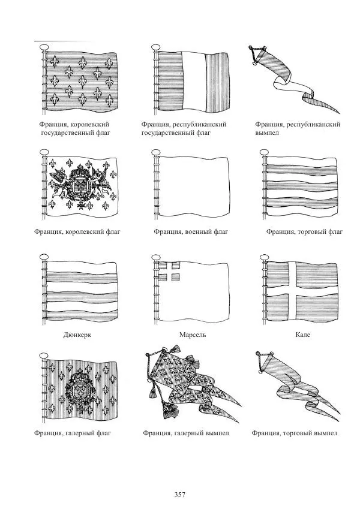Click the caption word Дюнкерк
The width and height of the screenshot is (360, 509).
tap(77, 335)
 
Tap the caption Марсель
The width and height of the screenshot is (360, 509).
tap(192, 335)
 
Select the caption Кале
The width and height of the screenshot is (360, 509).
tap(302, 335)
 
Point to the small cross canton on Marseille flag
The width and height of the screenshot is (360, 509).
tap(170, 272)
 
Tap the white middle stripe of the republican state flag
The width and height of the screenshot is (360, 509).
tap(193, 82)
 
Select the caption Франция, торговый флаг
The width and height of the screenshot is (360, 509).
tap(304, 231)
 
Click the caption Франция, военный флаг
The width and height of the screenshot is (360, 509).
tap(191, 231)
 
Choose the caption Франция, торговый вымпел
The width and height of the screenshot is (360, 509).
tap(295, 433)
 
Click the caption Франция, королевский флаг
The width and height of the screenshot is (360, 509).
tap(77, 231)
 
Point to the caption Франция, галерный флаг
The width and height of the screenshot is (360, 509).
tap(74, 433)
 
